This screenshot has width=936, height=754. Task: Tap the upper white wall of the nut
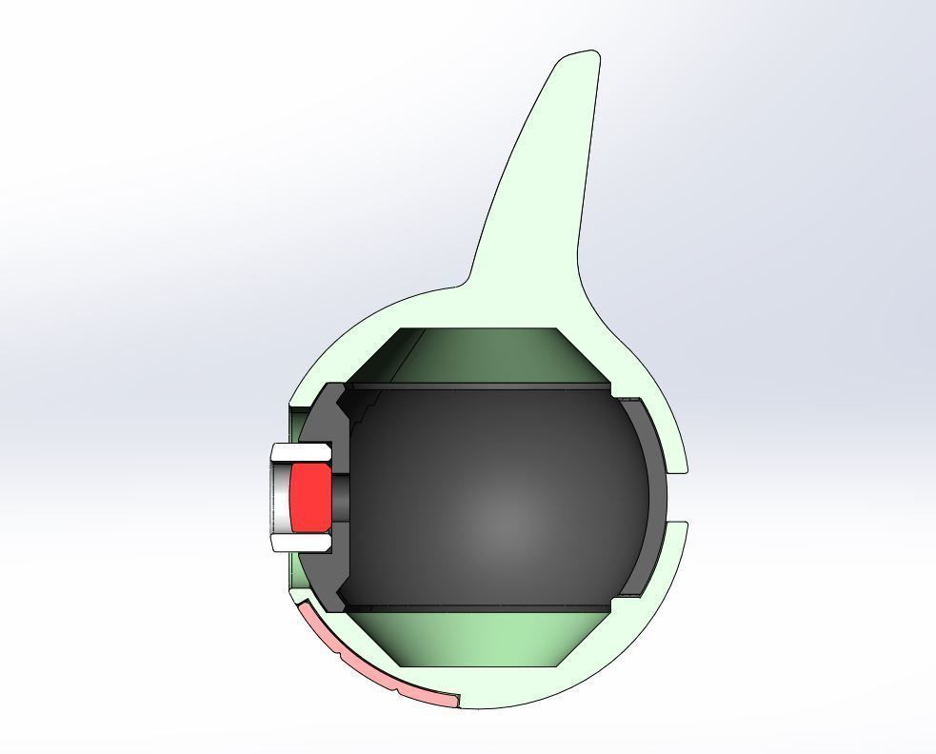point(301,451)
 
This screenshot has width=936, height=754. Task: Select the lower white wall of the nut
point(301,543)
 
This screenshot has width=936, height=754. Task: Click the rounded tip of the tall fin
point(583,58)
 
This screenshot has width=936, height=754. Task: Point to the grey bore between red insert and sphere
point(341,497)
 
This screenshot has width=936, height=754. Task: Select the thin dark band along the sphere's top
point(476,386)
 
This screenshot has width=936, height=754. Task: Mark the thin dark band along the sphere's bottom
point(476,607)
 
